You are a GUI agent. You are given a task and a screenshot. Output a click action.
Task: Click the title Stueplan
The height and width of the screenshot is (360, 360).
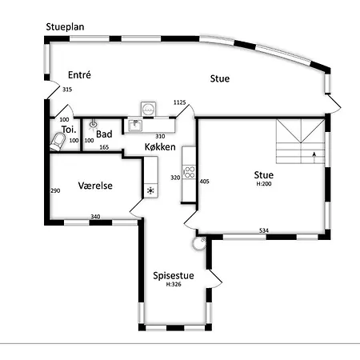[x=66, y=27]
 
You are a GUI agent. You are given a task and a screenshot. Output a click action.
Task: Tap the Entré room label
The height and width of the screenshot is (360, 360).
[x=78, y=74]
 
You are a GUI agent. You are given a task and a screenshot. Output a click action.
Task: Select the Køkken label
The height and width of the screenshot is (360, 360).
[x=161, y=148]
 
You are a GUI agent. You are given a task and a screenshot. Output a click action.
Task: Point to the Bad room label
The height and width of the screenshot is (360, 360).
[x=104, y=134]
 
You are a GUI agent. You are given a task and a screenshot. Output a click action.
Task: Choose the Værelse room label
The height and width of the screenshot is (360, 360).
[x=94, y=186]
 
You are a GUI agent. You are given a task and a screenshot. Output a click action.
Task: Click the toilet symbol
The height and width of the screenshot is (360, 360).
[x=58, y=142]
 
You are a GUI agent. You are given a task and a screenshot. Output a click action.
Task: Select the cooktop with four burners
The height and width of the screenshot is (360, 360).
[x=190, y=170]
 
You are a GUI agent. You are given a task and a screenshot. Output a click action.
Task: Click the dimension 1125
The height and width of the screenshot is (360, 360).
[x=179, y=102]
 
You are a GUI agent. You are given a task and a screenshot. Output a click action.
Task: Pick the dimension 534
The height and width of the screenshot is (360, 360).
[x=263, y=231]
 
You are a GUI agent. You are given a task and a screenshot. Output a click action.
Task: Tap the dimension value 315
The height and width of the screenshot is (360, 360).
[x=67, y=90]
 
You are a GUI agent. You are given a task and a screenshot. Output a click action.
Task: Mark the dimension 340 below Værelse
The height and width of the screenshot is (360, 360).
[x=95, y=217]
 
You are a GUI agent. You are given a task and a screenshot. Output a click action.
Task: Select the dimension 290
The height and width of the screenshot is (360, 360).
[x=55, y=191]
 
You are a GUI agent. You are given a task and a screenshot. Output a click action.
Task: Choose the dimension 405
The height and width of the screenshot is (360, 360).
[x=203, y=182]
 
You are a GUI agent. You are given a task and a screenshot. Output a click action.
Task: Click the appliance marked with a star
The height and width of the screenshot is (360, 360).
[x=150, y=190]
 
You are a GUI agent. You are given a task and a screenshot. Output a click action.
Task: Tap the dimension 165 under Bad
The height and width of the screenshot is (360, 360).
[x=104, y=147]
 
